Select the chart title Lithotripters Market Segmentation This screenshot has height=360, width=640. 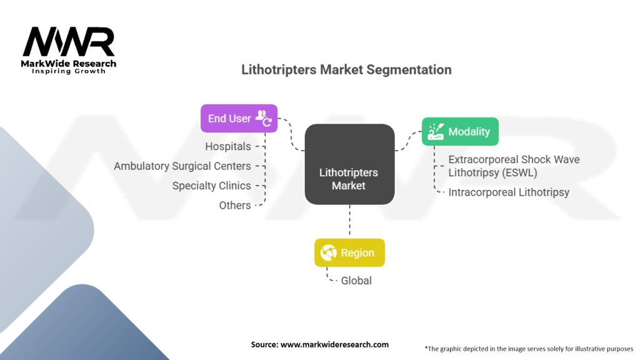tap(346, 69)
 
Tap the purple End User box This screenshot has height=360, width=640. tap(238, 119)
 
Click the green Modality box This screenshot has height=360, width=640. tap(460, 131)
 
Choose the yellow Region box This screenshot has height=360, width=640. tap(349, 253)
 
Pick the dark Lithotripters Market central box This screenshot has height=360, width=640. tap(349, 164)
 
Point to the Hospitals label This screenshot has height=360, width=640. tap(228, 147)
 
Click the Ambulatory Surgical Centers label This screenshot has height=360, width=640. tap(182, 166)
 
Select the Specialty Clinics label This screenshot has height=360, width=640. tap(211, 186)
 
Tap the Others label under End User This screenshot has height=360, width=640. tap(235, 205)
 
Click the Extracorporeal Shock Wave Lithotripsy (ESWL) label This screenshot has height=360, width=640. tap(514, 166)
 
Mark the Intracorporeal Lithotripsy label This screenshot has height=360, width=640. tap(509, 192)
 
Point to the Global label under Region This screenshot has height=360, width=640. tap(356, 281)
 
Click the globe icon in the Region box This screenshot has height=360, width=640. tap(329, 253)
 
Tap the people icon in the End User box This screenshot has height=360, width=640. tap(263, 118)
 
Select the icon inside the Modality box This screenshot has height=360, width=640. tap(436, 131)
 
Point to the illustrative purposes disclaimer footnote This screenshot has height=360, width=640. tap(529, 348)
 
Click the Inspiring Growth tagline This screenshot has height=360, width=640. tap(69, 71)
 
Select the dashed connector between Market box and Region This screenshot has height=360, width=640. tap(349, 221)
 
